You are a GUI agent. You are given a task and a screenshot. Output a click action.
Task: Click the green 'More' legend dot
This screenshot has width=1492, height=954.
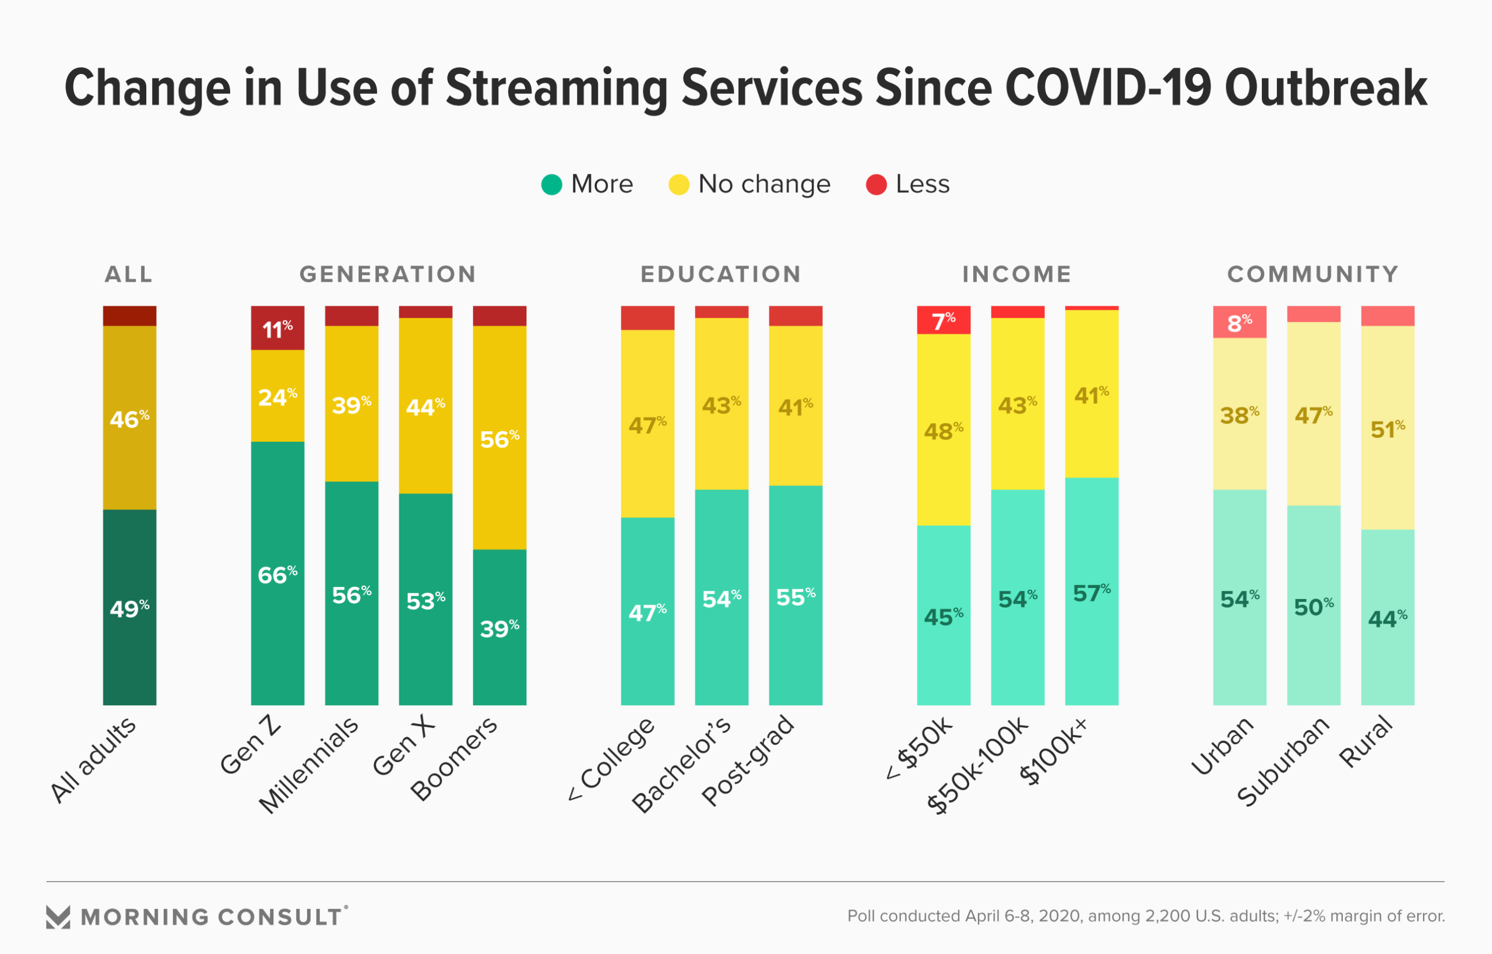[x=551, y=185]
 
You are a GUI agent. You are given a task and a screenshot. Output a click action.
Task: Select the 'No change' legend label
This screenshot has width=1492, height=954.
[x=764, y=185]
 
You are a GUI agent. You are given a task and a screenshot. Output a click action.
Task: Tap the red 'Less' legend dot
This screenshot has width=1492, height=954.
[x=876, y=185]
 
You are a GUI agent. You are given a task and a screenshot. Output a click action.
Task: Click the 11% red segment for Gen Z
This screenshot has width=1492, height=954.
[x=277, y=328]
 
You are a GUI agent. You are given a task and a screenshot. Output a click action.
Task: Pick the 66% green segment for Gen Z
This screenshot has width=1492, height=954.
[x=277, y=573]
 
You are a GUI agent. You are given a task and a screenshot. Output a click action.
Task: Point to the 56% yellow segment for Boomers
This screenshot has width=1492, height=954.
[x=499, y=438]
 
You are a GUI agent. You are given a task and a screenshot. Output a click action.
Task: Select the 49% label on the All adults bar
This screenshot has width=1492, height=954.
[x=129, y=608]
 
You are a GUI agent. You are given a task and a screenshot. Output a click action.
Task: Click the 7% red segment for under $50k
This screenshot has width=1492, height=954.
[x=944, y=321]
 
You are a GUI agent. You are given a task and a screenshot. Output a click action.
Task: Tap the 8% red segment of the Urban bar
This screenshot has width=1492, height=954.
[x=1239, y=322]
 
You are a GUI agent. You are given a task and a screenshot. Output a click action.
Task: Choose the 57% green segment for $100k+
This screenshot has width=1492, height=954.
[x=1092, y=592]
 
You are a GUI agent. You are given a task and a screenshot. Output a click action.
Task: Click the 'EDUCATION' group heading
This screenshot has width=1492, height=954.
[x=720, y=274]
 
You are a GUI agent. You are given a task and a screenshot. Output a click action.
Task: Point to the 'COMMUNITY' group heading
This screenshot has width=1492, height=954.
[x=1313, y=274]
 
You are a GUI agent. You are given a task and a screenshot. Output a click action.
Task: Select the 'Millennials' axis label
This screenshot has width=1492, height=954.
[x=308, y=766]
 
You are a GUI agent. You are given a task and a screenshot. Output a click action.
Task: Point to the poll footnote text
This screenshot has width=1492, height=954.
[x=1146, y=916]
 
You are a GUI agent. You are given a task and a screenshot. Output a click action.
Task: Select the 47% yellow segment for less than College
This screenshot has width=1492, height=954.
[x=648, y=424]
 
